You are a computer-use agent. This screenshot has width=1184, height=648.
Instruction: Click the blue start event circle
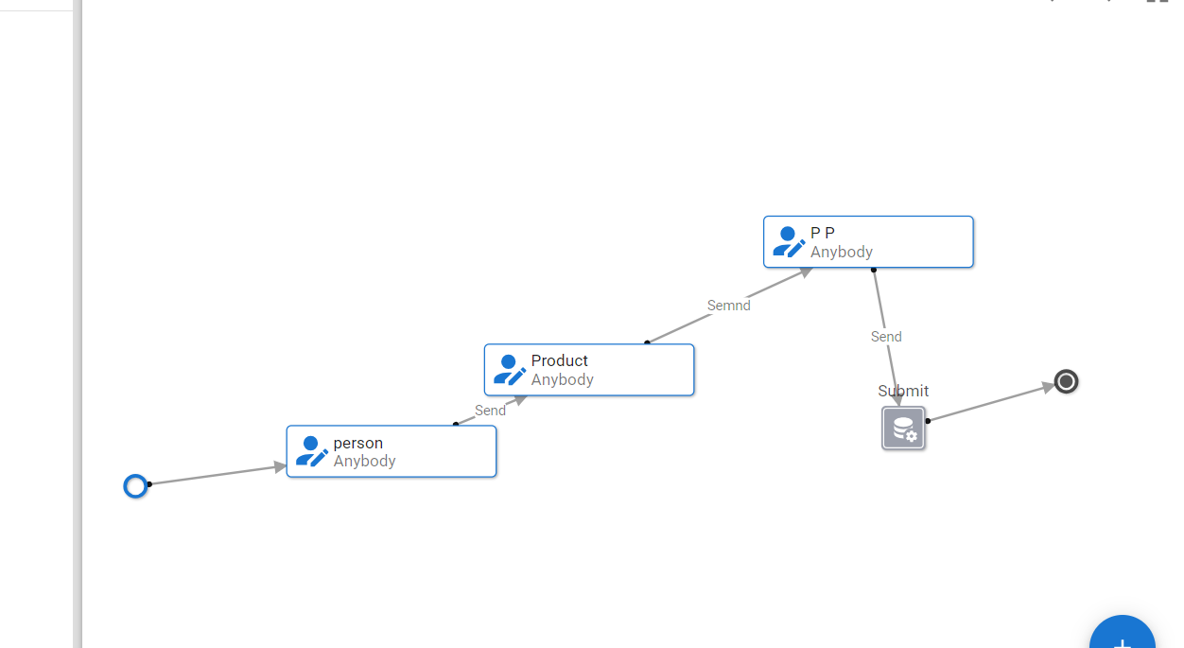pyautogui.click(x=136, y=486)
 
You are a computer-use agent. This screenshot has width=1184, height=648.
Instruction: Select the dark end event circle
pyautogui.click(x=1066, y=381)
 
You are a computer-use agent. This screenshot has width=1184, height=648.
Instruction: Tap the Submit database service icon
pyautogui.click(x=903, y=429)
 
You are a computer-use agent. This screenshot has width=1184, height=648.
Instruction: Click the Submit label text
pyautogui.click(x=903, y=391)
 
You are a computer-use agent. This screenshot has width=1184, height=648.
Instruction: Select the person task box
pyautogui.click(x=392, y=451)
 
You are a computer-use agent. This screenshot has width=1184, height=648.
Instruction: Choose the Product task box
pyautogui.click(x=589, y=369)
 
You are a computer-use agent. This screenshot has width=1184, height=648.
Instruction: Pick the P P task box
pyautogui.click(x=868, y=241)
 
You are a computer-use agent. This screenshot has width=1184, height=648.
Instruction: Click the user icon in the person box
pyautogui.click(x=312, y=451)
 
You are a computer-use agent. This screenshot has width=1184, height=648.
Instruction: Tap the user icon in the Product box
pyautogui.click(x=510, y=370)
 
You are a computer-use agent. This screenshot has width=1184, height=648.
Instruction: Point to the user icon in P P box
pyautogui.click(x=789, y=241)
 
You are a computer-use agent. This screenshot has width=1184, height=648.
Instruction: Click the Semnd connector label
pyautogui.click(x=728, y=306)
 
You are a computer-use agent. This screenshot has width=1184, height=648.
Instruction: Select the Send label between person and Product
pyautogui.click(x=490, y=411)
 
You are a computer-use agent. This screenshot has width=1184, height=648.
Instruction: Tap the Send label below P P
pyautogui.click(x=886, y=337)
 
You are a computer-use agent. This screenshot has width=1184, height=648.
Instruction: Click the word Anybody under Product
pyautogui.click(x=563, y=379)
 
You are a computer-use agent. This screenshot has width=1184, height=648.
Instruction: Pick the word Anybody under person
pyautogui.click(x=365, y=461)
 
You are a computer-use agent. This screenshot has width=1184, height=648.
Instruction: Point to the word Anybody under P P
pyautogui.click(x=842, y=252)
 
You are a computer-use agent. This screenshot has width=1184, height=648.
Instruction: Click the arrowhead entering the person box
pyautogui.click(x=280, y=466)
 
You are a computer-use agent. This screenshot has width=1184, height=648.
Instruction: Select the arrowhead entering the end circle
pyautogui.click(x=1048, y=386)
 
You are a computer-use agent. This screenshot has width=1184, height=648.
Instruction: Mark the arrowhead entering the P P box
pyautogui.click(x=806, y=271)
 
